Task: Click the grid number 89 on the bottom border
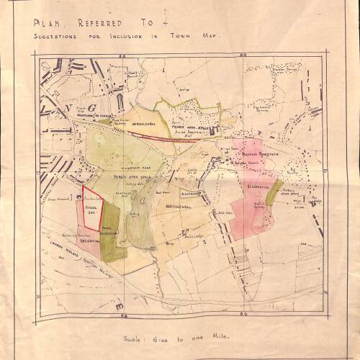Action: click(x=244, y=314)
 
